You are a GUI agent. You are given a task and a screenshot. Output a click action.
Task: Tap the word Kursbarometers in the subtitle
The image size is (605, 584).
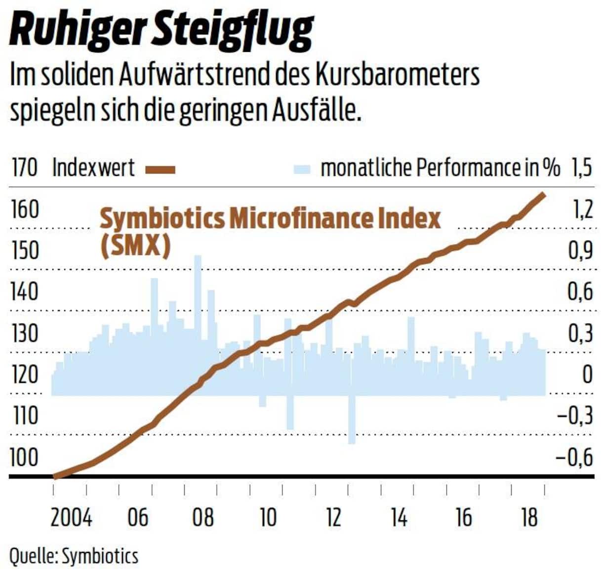point(398,76)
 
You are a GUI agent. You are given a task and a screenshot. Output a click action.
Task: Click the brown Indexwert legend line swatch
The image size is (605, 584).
point(161,170)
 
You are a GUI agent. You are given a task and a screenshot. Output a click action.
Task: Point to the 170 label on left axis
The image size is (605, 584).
point(24,168)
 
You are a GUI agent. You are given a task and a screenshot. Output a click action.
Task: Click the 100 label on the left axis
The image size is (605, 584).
point(24,458)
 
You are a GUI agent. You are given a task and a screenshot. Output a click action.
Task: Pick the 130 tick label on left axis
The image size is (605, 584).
point(24,334)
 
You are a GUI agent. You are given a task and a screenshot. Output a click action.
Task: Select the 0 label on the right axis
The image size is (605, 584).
point(587,375)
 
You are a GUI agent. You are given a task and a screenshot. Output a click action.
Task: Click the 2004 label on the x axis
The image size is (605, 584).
point(71,517)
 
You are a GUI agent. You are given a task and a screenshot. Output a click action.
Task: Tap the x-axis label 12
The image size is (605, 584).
point(333,517)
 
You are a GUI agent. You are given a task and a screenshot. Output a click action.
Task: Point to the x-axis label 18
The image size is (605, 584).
point(529,517)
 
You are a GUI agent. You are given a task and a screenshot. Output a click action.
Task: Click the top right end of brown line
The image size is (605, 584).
point(543,195)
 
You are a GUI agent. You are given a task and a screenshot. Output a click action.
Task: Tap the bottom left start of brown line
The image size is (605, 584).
point(56,476)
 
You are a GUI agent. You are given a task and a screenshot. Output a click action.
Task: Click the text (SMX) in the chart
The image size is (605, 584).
point(135,246)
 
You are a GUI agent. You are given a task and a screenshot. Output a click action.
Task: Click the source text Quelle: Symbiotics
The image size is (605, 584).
point(74,556)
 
